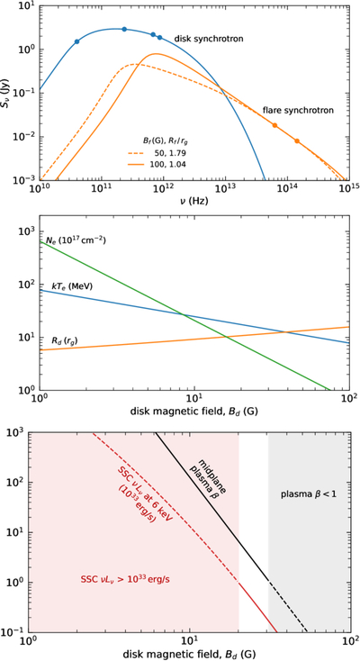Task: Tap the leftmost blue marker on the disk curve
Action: coord(76,41)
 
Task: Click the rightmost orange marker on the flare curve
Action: coord(297,140)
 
